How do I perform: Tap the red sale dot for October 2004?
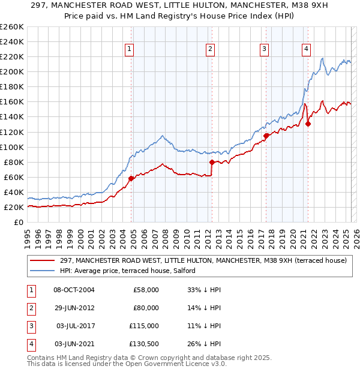[131, 178]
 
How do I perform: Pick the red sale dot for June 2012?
[212, 162]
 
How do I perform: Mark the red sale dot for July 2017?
[265, 136]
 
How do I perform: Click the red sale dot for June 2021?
[308, 124]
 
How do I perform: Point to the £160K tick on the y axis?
[12, 102]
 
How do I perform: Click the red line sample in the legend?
[43, 261]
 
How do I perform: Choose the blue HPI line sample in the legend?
[43, 271]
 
